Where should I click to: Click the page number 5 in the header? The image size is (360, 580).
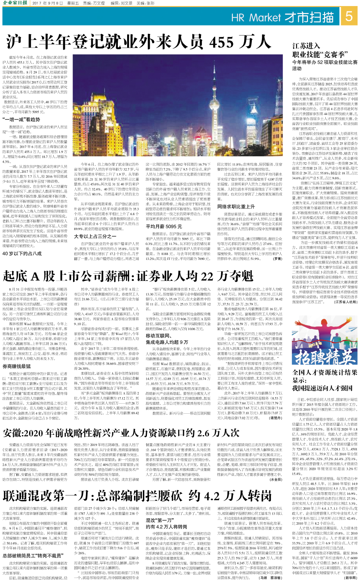349,17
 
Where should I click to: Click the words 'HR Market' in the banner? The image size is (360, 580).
256,18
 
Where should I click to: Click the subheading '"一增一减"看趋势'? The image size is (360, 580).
21,119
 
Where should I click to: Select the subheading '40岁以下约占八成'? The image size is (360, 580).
22,254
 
